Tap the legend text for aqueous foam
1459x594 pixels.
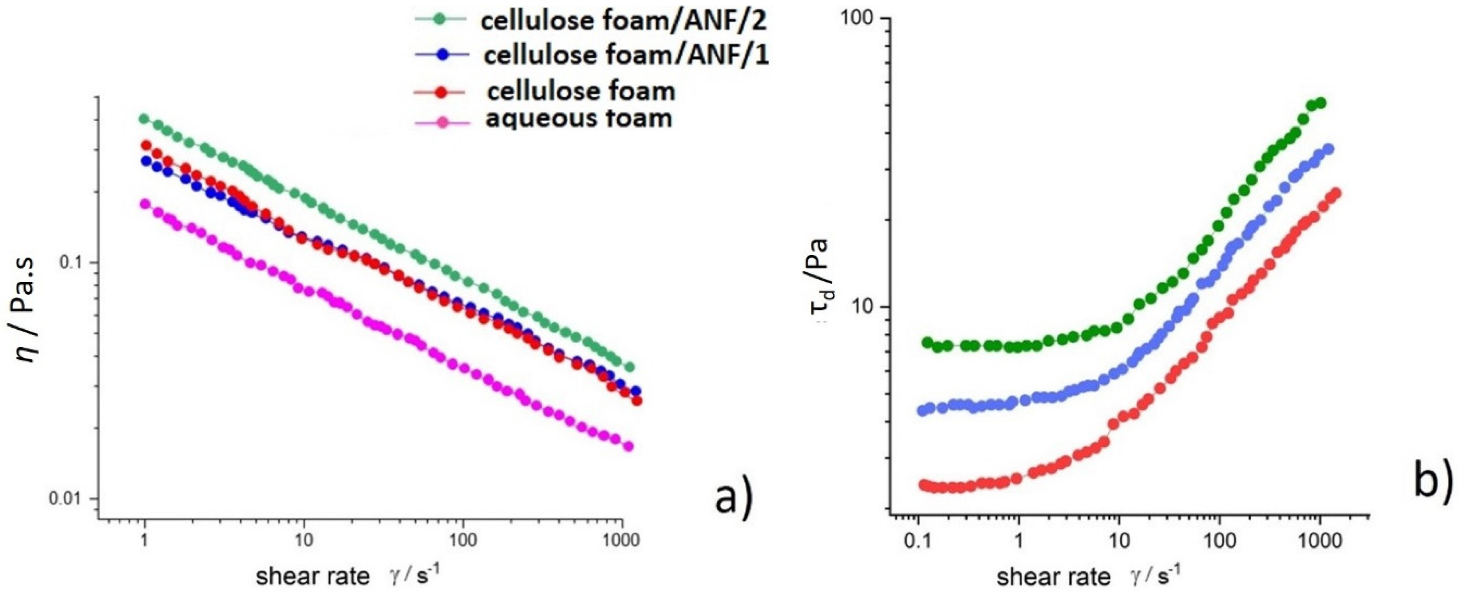point(579,119)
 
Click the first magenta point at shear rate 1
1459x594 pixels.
point(146,203)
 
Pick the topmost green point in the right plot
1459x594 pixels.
point(1321,102)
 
